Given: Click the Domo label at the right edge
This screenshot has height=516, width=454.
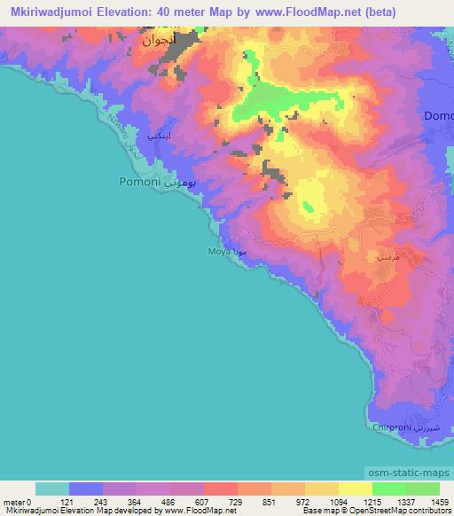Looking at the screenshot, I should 439,116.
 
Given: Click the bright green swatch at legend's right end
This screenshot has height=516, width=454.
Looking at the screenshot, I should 423,489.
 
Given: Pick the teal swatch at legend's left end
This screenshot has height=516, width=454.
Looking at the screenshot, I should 51,489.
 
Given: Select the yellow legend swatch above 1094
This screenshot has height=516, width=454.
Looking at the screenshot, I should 322,489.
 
